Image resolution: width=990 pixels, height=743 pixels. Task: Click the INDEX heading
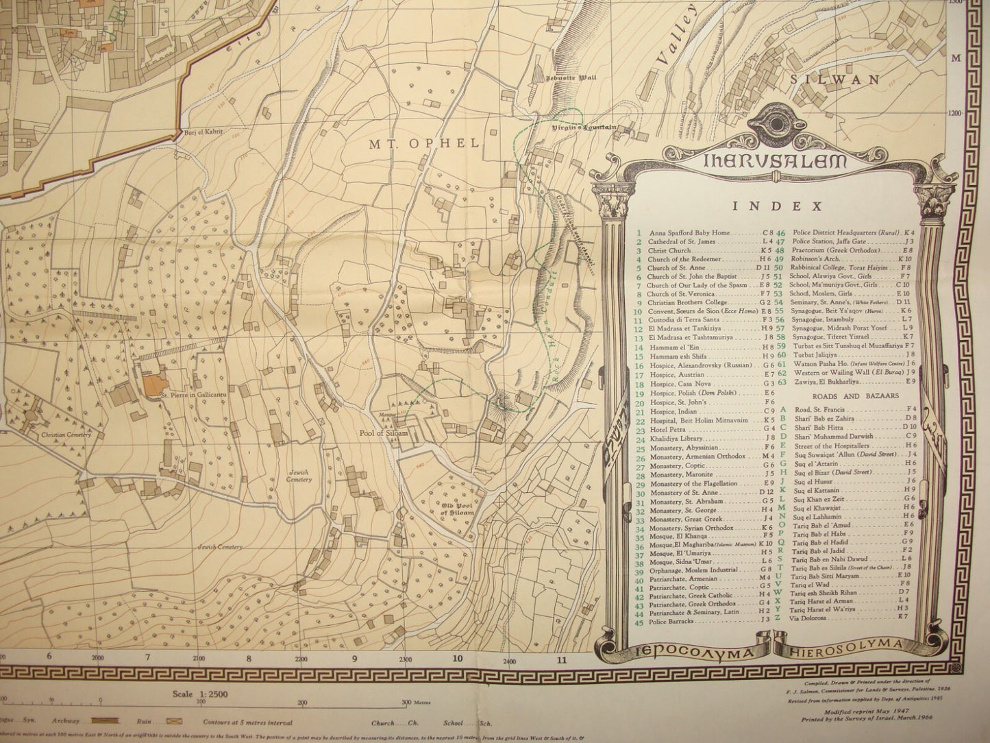[x=777, y=205]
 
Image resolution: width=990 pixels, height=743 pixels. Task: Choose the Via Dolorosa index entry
[x=808, y=616]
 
